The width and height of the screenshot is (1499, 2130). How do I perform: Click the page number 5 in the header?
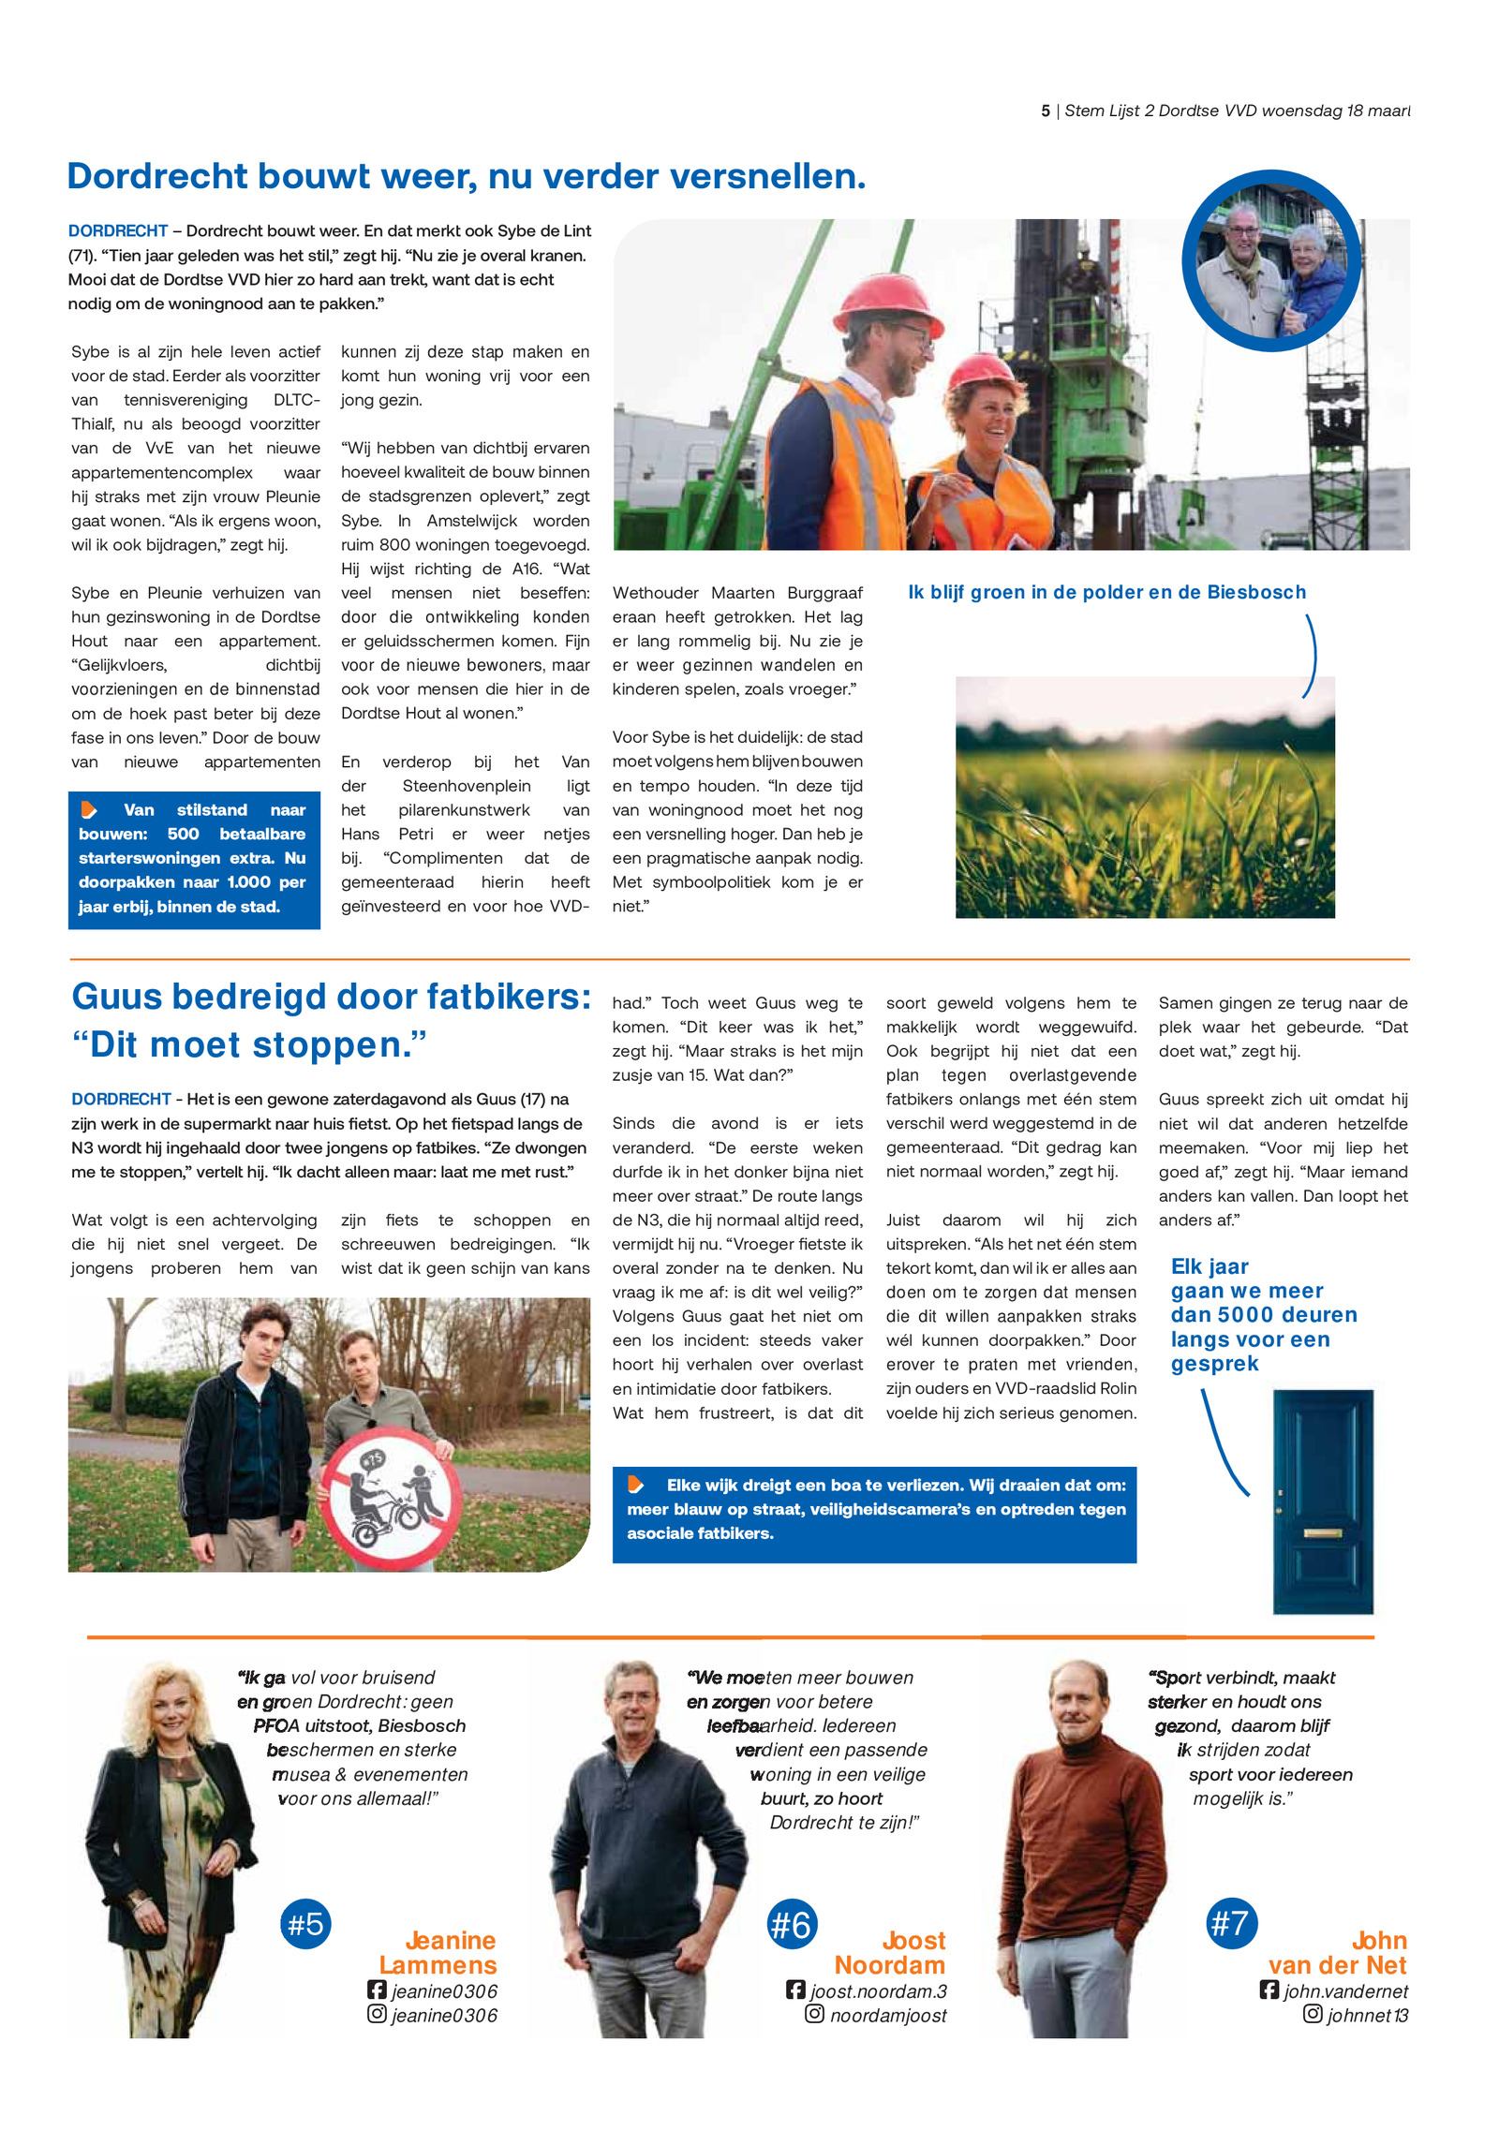click(x=1045, y=111)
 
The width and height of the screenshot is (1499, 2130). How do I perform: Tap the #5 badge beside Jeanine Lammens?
click(x=305, y=1923)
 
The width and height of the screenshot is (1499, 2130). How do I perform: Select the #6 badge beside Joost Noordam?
click(x=791, y=1924)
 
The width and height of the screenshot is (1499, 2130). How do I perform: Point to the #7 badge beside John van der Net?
click(x=1231, y=1923)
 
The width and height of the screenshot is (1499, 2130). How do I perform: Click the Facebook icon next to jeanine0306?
click(x=377, y=1989)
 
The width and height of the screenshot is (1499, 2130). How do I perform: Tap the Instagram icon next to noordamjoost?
click(x=814, y=2014)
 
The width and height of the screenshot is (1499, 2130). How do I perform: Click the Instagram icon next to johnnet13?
click(x=1313, y=2014)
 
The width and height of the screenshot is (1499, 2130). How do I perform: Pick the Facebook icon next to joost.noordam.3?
click(x=795, y=1989)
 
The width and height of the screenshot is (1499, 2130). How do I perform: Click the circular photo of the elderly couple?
click(x=1270, y=261)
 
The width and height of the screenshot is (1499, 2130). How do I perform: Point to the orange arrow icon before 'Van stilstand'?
click(x=89, y=809)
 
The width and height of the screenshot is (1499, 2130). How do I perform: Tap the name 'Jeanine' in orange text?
click(x=450, y=1940)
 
